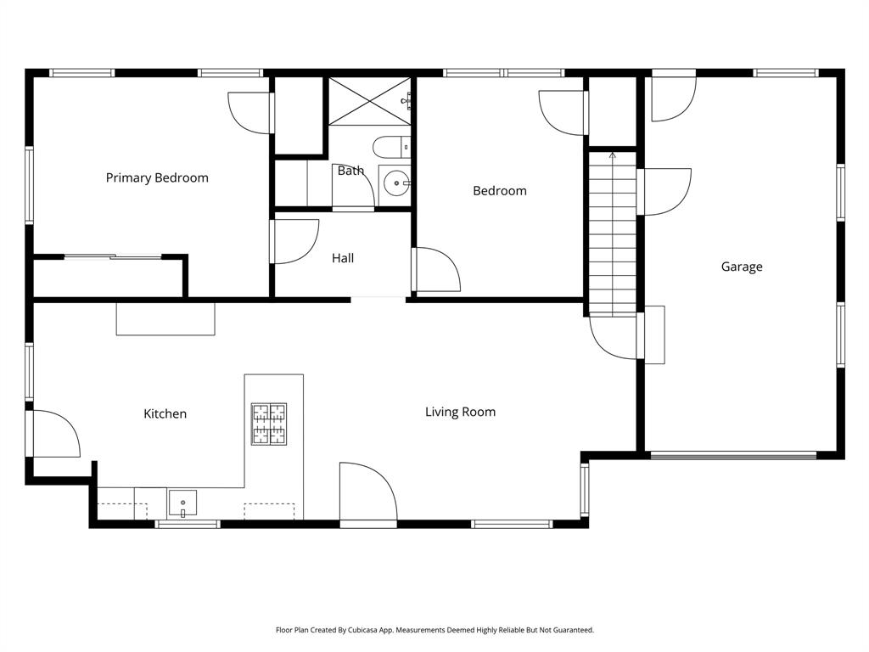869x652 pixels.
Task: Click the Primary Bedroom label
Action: click(x=157, y=178)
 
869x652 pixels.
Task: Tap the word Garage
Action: click(x=742, y=267)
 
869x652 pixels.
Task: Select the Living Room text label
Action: click(x=460, y=413)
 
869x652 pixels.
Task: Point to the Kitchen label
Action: click(x=165, y=414)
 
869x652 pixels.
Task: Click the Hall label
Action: click(x=343, y=258)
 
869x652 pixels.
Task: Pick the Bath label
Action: click(x=350, y=171)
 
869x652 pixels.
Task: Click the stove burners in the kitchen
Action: click(x=268, y=424)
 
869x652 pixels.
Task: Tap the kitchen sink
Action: click(x=182, y=503)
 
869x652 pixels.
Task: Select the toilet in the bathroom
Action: click(x=390, y=147)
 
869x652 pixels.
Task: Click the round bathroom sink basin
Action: click(x=395, y=183)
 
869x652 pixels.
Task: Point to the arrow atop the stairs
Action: click(x=613, y=155)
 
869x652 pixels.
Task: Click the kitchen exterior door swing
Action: click(x=55, y=434)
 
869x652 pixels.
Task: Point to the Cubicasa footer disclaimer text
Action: click(x=434, y=630)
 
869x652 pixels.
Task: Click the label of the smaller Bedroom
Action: click(x=500, y=191)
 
